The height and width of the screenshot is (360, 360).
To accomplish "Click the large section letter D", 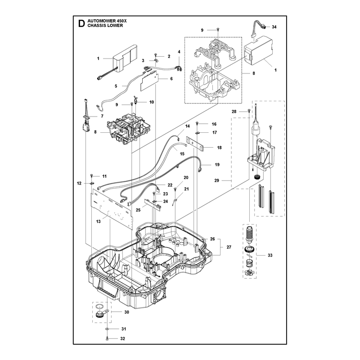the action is tap(81, 23).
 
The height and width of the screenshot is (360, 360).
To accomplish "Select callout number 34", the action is tap(274, 27).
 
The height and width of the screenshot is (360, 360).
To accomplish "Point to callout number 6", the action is tap(171, 78).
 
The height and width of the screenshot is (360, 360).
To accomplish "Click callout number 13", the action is tap(98, 221).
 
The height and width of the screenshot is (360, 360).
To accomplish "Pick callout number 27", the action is tap(229, 247).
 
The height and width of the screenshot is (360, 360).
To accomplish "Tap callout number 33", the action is tap(270, 255).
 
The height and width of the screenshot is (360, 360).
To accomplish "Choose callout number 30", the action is tap(126, 312).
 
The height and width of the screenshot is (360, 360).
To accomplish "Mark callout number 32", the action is tap(122, 339).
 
